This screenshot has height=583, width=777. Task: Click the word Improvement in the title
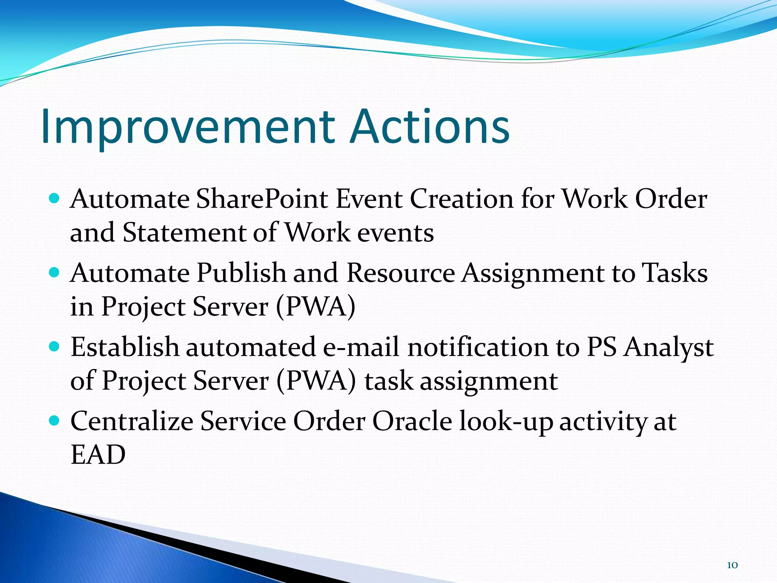pyautogui.click(x=188, y=127)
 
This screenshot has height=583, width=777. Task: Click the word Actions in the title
pyautogui.click(x=430, y=127)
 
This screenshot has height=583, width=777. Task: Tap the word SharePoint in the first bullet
pyautogui.click(x=262, y=199)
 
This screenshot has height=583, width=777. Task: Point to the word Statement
pyautogui.click(x=184, y=233)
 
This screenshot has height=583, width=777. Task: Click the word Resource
pyautogui.click(x=401, y=273)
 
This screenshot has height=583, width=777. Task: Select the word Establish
pyautogui.click(x=125, y=347)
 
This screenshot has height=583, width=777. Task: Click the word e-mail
pyautogui.click(x=361, y=347)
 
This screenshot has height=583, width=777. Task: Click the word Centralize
pyautogui.click(x=132, y=421)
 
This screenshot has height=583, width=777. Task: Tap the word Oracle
pyautogui.click(x=412, y=421)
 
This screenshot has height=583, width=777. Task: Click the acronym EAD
pyautogui.click(x=98, y=455)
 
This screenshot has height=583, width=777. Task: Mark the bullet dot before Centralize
pyautogui.click(x=55, y=420)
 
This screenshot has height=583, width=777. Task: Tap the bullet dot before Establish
pyautogui.click(x=55, y=346)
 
